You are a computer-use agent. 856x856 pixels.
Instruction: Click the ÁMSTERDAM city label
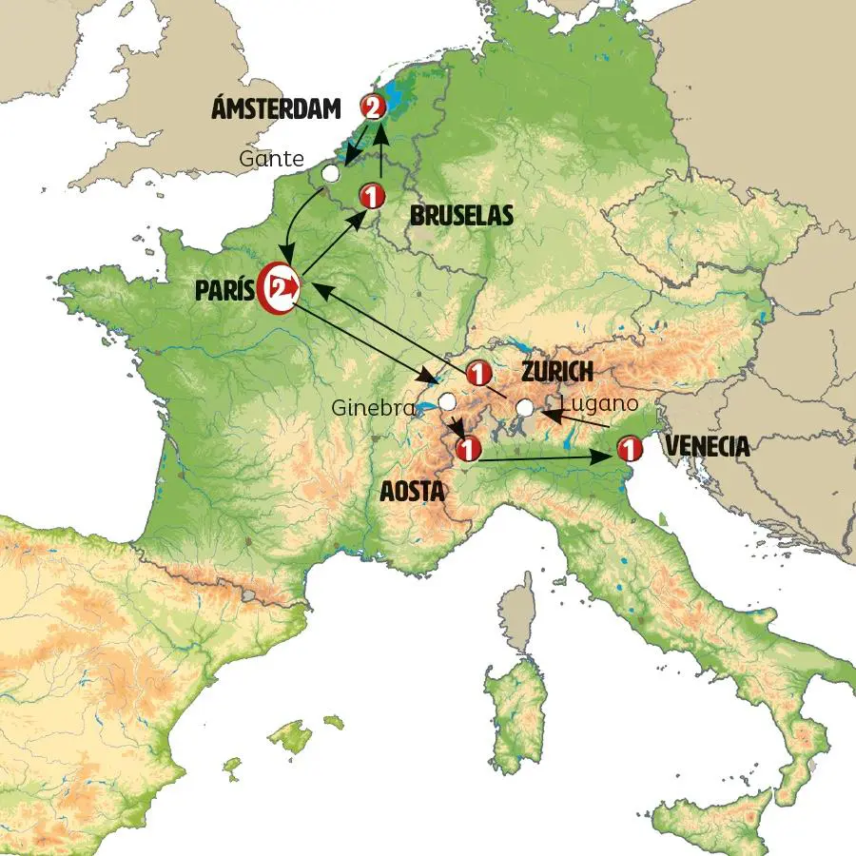click(277, 110)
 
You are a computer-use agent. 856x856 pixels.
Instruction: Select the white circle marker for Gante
click(330, 173)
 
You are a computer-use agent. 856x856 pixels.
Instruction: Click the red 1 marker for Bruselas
click(371, 197)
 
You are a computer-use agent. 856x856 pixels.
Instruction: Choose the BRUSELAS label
click(461, 217)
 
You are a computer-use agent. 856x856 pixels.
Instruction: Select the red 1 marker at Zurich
click(477, 371)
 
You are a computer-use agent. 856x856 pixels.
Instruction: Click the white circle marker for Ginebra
click(446, 401)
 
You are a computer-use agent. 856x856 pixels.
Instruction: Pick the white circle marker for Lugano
click(525, 408)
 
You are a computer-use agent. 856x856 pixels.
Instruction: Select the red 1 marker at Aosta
click(466, 448)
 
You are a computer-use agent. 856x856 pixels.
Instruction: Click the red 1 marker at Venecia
click(628, 447)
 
